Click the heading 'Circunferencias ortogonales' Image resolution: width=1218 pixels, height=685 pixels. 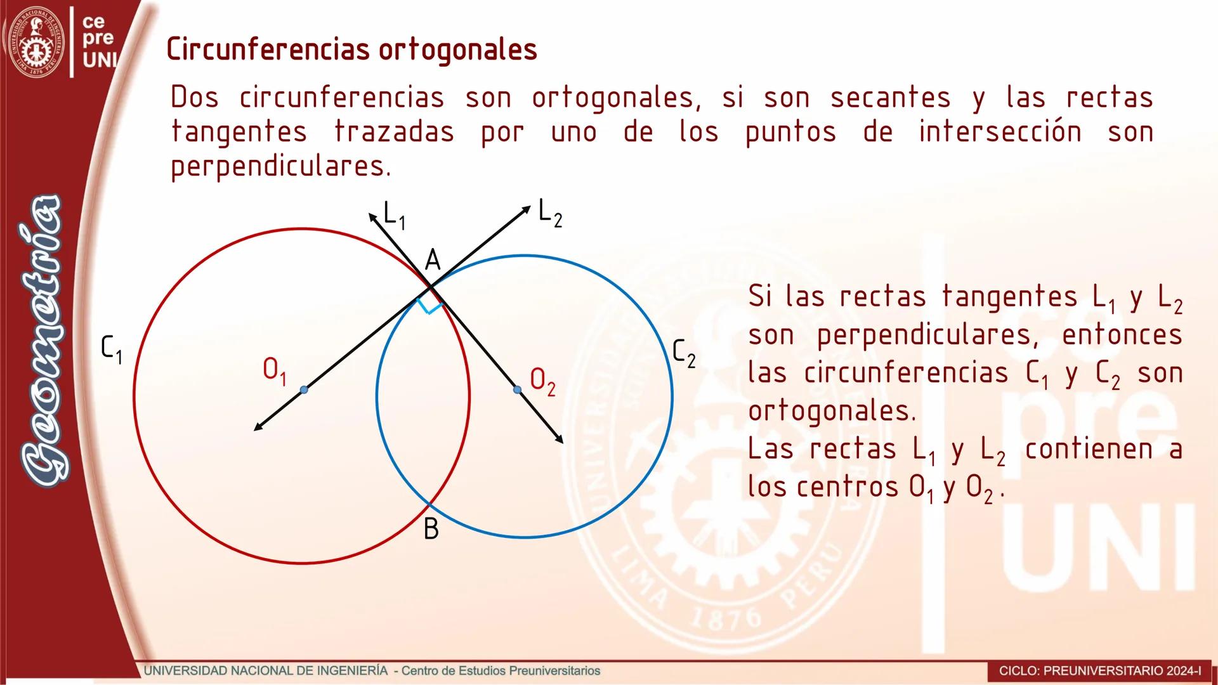point(352,49)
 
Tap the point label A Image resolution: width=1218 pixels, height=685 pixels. point(433,260)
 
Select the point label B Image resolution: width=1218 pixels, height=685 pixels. point(431,528)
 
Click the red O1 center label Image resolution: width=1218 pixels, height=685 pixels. point(275,371)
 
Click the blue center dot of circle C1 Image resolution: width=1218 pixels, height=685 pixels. point(304,389)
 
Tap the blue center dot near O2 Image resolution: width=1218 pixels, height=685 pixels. point(517,389)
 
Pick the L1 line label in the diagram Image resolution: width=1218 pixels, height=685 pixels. point(395,215)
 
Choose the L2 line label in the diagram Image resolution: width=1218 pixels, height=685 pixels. point(550,212)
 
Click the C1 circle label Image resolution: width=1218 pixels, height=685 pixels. point(112,349)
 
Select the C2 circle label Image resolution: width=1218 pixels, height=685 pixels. point(684,353)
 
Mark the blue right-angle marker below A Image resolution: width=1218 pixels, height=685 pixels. point(429,306)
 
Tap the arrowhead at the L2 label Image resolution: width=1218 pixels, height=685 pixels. point(526,209)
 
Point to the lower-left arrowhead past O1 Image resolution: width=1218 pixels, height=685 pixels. point(258,427)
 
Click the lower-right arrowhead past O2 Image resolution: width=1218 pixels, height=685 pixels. point(559,439)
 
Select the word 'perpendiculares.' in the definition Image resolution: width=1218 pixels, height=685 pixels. point(281,166)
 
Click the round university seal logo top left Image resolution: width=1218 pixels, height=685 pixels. point(38,42)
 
